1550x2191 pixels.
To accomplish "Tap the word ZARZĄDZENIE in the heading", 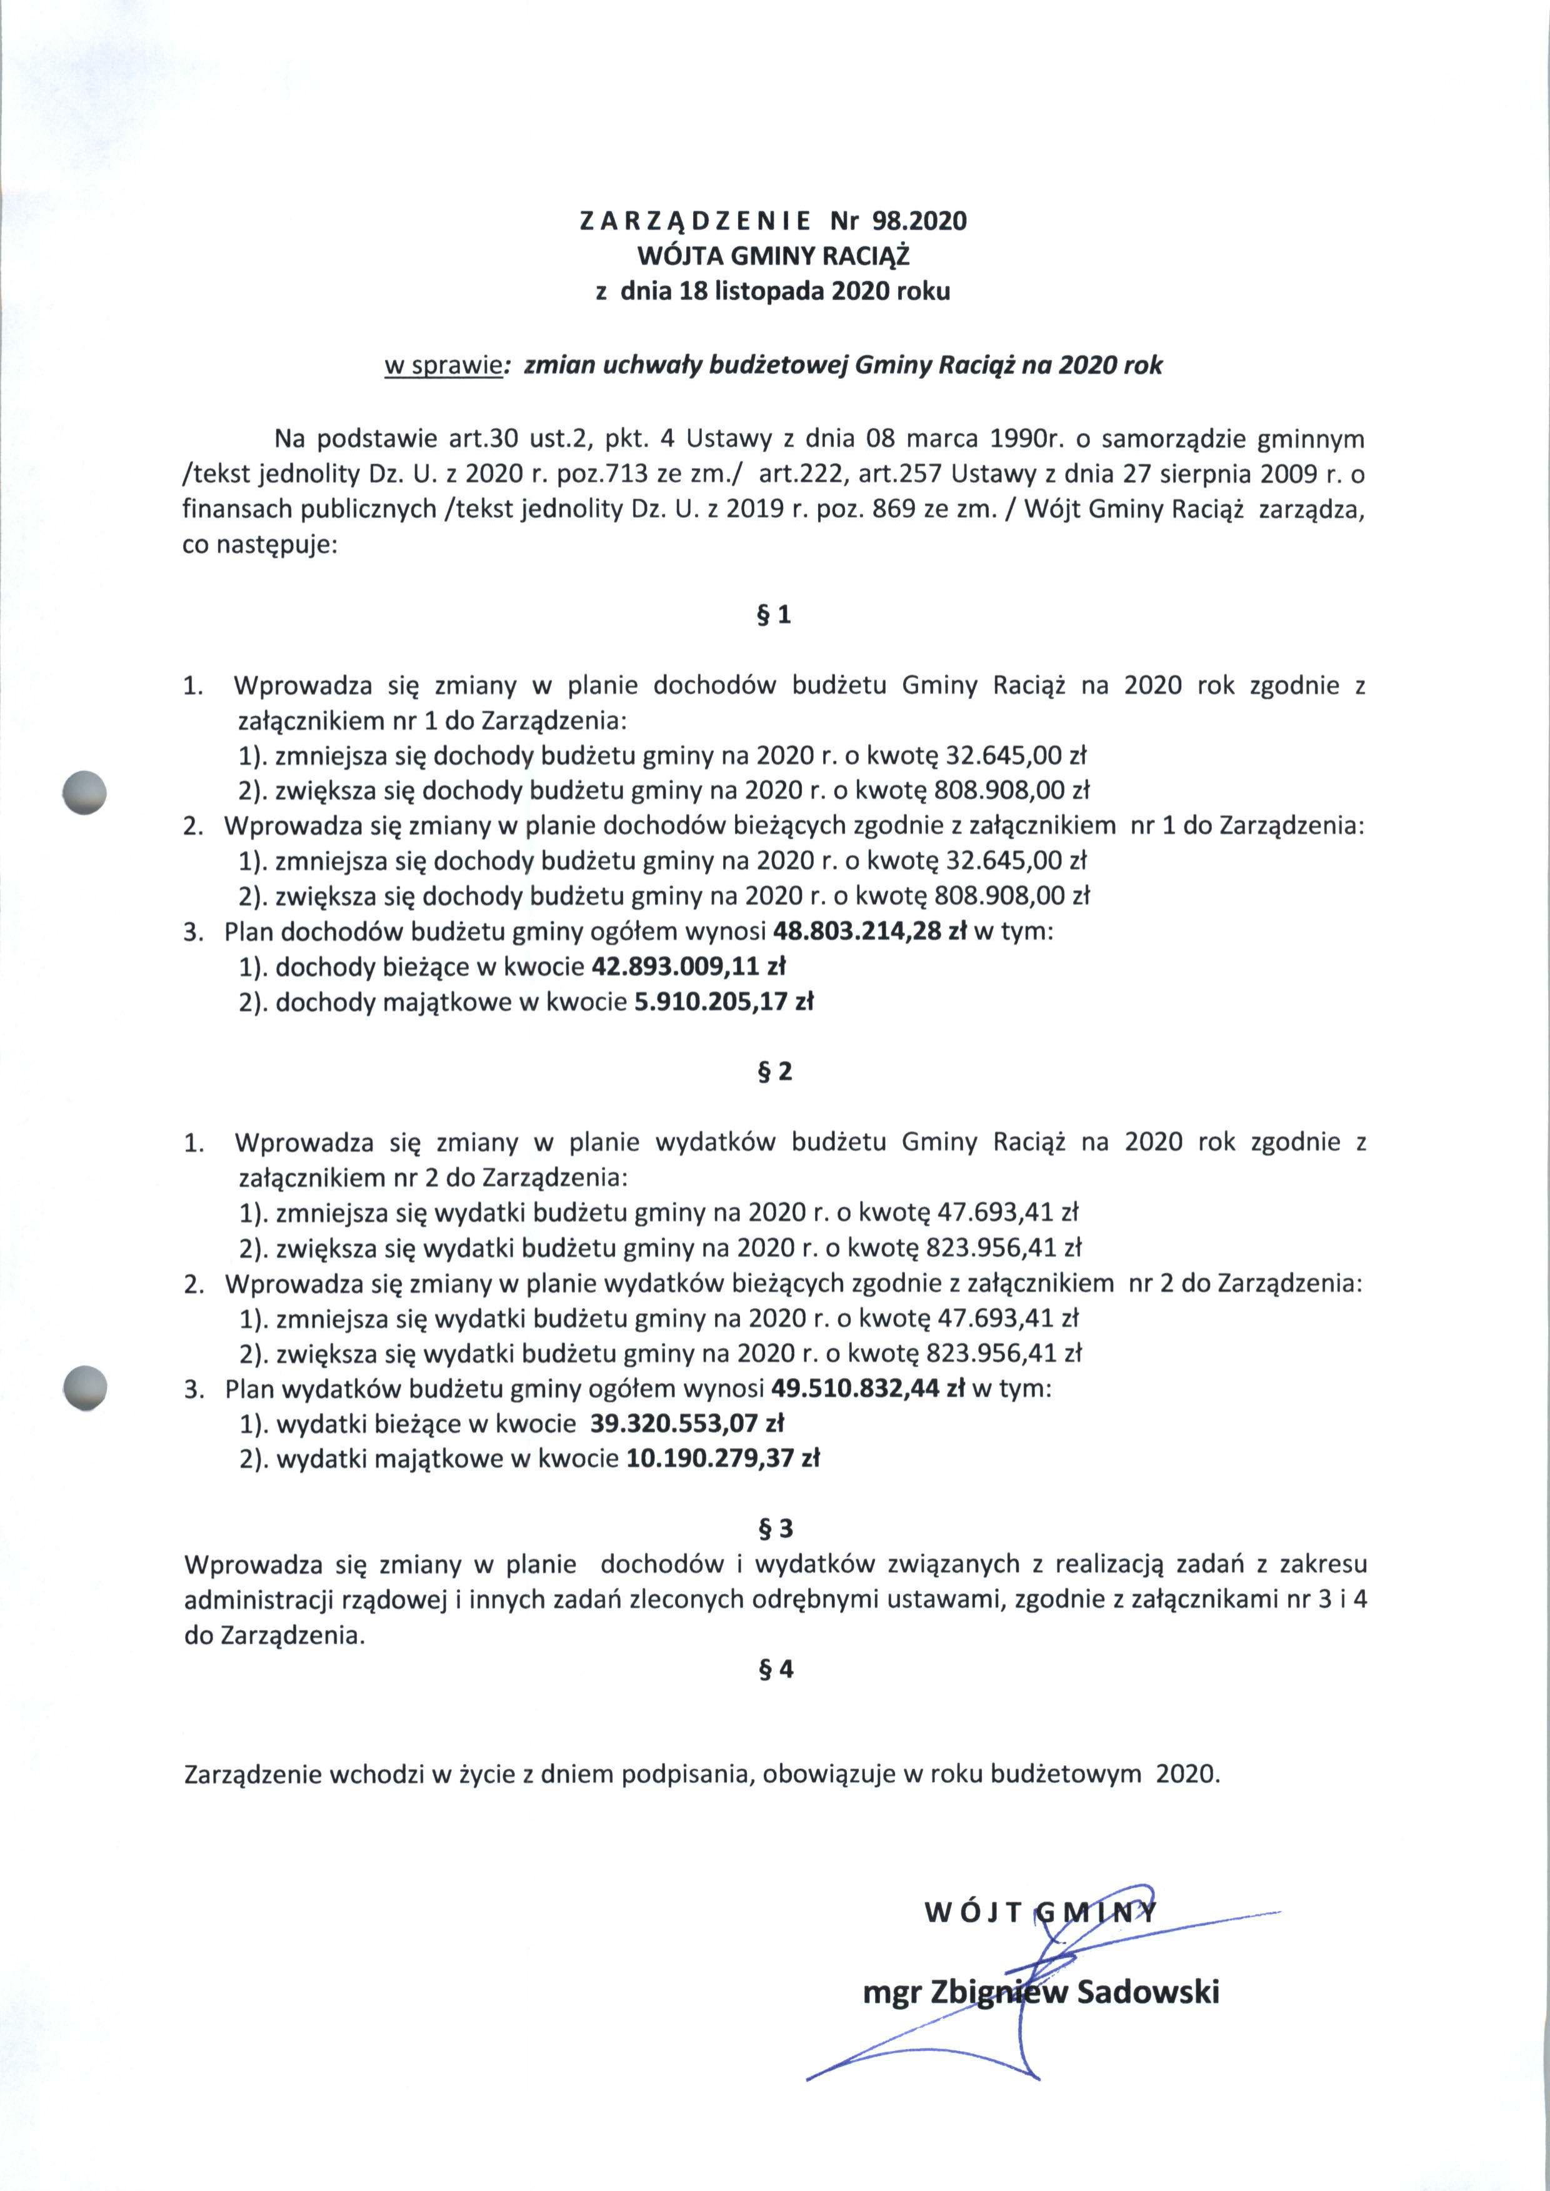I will pos(695,221).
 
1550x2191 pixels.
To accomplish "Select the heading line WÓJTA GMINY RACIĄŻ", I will pos(773,256).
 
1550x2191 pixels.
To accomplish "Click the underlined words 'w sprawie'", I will pos(443,366).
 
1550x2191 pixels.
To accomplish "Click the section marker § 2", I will pos(773,1071).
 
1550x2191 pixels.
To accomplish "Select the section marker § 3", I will pos(773,1528).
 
